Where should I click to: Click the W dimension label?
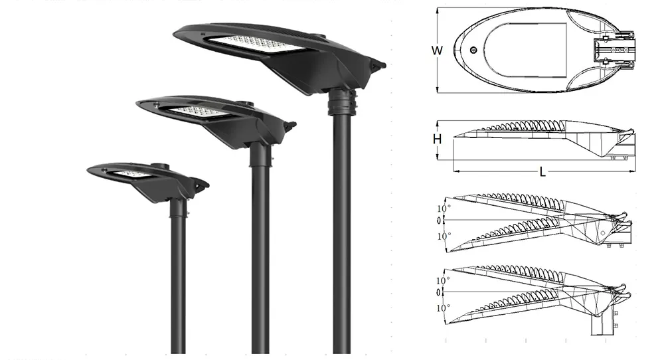point(437,50)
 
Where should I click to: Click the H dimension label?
point(437,139)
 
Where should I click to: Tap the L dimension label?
point(542,172)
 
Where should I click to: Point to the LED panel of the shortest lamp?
point(130,173)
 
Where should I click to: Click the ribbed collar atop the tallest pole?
point(342,102)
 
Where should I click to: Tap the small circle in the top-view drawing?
point(474,50)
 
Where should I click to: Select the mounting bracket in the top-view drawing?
point(614,50)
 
